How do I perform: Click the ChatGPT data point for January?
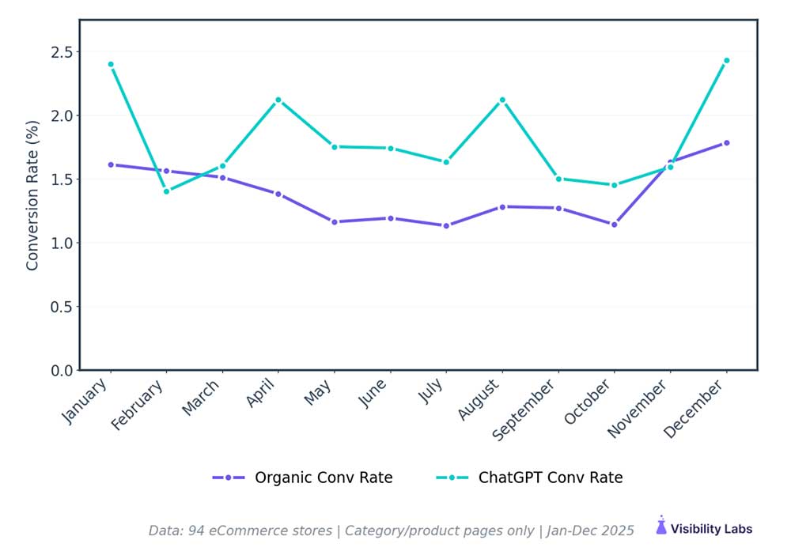111,64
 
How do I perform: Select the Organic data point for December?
726,143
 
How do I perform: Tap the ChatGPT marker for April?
278,100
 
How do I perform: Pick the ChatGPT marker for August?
502,100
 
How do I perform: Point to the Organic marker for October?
614,225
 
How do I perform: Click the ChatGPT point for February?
166,191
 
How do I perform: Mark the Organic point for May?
334,222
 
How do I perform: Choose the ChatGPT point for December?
726,60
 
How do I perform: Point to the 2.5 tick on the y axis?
62,52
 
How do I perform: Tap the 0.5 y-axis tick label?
62,307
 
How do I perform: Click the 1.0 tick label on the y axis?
62,243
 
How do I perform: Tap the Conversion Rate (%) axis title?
32,195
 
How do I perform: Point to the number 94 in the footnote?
197,530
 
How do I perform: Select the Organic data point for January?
111,164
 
